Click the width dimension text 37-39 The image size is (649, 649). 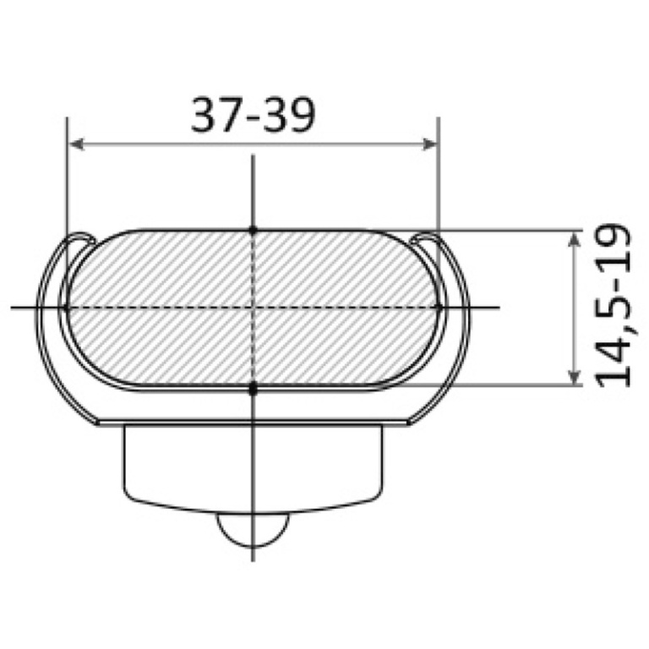coord(253,115)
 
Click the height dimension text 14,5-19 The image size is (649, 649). coord(613,305)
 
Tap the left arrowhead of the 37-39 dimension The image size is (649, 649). coord(77,145)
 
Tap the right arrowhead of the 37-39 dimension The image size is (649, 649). coord(428,145)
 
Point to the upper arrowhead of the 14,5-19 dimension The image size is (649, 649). coord(574,239)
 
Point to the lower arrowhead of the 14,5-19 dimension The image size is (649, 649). coord(574,376)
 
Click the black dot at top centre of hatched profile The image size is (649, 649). coord(253,230)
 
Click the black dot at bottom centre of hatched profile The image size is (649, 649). coord(253,389)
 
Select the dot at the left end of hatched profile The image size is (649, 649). coord(66,308)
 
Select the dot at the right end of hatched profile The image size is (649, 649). coord(439,307)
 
